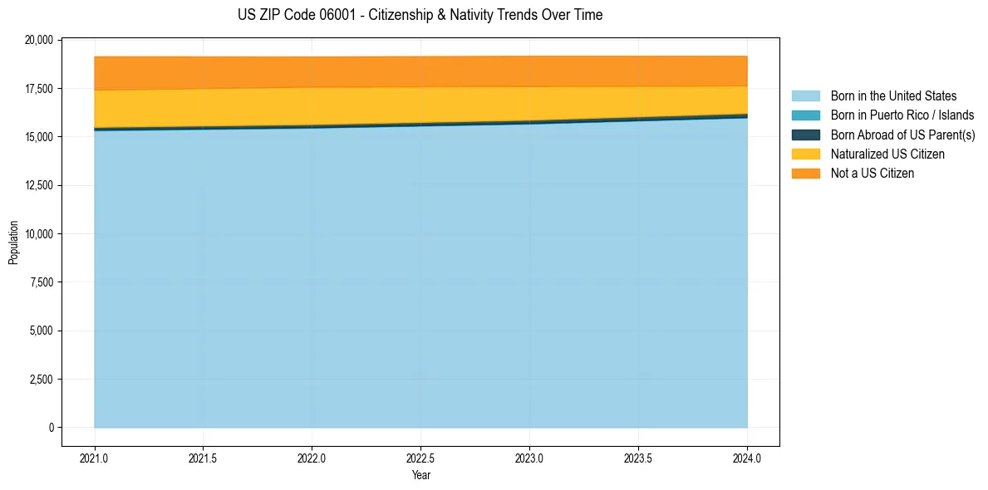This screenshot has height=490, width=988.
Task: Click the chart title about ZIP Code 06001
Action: coord(420,15)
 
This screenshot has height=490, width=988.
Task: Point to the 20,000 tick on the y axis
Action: coord(40,40)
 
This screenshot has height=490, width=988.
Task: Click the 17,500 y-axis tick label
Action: coord(40,89)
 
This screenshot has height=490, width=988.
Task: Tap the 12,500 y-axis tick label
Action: coord(40,185)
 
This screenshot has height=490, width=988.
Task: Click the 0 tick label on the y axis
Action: coord(52,428)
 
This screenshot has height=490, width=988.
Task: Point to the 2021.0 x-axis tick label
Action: coord(95,458)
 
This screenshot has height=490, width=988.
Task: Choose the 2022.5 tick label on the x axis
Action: coord(420,458)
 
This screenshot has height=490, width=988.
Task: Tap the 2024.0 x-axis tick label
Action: coord(747,458)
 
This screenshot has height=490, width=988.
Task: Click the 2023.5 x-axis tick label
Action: coord(638,458)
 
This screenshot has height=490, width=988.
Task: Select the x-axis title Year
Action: coord(420,476)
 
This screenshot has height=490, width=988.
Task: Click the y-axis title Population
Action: coord(13,243)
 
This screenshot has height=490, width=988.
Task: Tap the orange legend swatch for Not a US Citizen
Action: coord(805,173)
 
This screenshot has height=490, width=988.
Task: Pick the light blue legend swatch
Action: coord(805,96)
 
